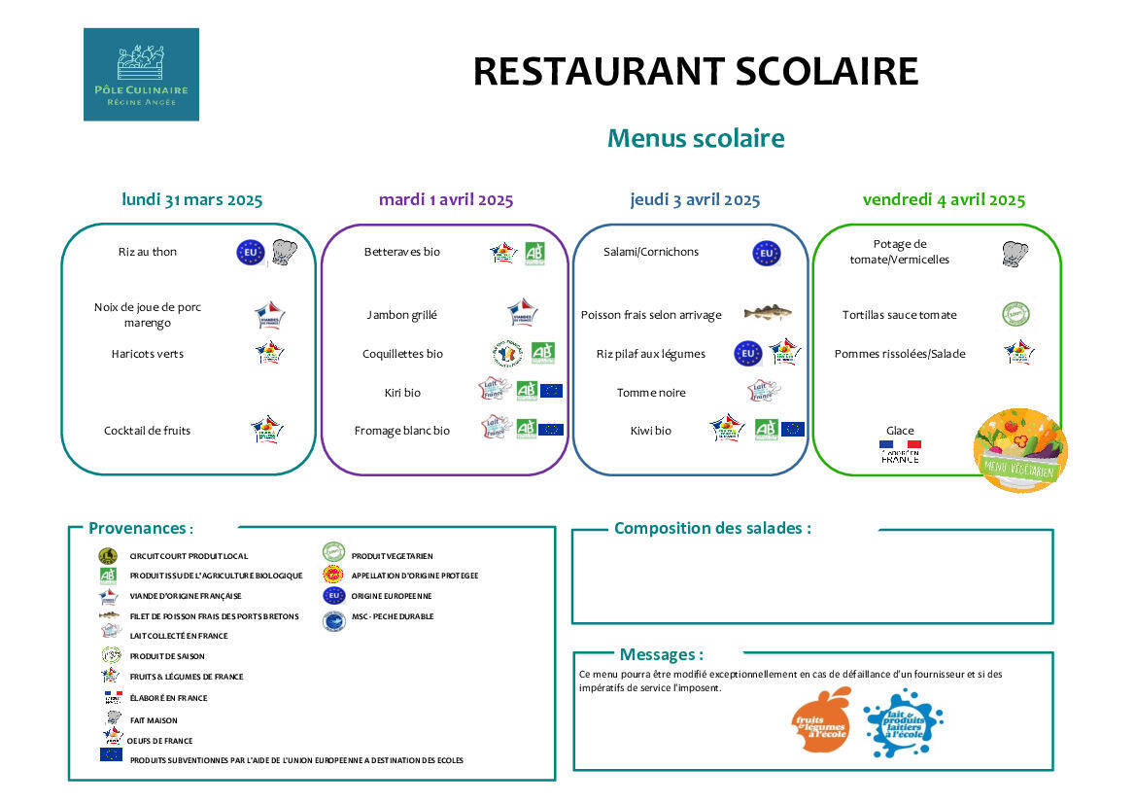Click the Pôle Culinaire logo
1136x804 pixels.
point(141,74)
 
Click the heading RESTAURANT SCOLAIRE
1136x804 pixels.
point(695,72)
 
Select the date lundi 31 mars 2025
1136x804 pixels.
point(191,200)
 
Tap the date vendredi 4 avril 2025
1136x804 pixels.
point(944,200)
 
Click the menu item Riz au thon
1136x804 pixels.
point(148,252)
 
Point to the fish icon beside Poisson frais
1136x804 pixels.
point(767,313)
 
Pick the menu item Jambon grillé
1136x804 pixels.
point(401,315)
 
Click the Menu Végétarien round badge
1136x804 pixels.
point(1020,450)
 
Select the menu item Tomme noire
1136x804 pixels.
point(651,393)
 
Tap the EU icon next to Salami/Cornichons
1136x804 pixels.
point(766,254)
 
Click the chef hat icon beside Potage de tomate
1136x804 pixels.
point(1016,254)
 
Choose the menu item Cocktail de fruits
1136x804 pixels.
point(148,431)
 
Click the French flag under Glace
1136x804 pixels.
point(899,445)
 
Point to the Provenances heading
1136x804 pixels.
point(140,529)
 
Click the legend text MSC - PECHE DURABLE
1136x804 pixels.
point(392,616)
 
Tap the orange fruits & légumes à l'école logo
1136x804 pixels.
point(822,720)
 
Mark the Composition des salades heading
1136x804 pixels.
point(712,529)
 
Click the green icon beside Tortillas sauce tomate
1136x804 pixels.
point(1016,314)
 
